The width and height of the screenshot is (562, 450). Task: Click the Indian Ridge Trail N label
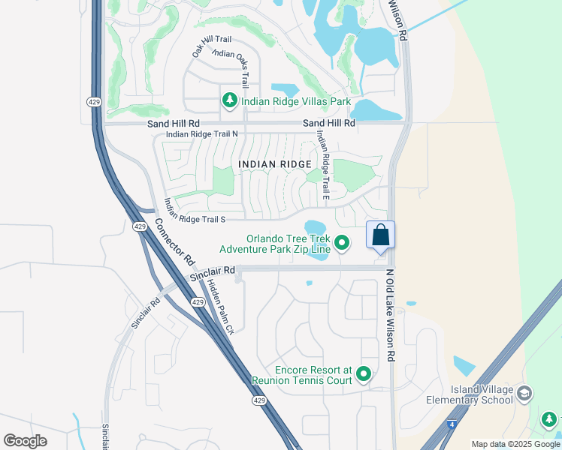coord(201,134)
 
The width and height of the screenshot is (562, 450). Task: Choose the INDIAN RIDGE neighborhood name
coord(274,164)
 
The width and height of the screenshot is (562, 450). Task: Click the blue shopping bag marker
coord(380,235)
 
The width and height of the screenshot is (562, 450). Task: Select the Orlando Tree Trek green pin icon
coord(342,241)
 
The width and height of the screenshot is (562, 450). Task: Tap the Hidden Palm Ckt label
coord(221,305)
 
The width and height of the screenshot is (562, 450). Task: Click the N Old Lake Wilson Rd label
coord(390,316)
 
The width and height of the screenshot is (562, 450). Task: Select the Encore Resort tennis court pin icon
coord(364,373)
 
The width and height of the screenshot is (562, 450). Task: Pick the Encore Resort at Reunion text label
coord(313,376)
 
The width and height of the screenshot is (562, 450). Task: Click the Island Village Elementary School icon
coord(524,393)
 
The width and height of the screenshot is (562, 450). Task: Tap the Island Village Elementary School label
coord(481,394)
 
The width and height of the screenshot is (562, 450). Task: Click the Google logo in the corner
coord(26,441)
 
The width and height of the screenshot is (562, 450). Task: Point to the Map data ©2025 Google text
coord(515,444)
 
